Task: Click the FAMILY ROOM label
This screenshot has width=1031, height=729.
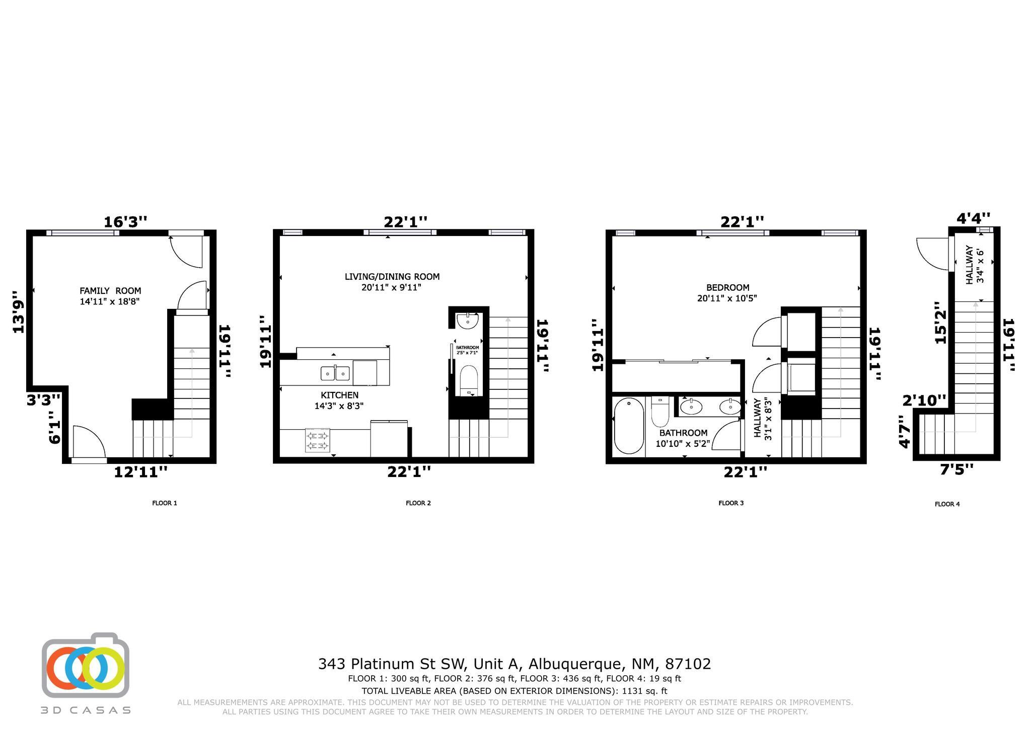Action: pos(110,291)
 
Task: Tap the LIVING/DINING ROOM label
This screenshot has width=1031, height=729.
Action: pos(392,277)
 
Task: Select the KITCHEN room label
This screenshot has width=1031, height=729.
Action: pos(339,395)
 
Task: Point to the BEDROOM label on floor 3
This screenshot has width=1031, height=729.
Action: pos(727,288)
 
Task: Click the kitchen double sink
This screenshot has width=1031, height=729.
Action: pos(335,373)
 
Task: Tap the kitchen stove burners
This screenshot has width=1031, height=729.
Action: pos(318,440)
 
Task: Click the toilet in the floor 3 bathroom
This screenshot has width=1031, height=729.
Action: pos(659,411)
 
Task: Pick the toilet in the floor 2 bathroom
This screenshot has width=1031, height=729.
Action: pos(469,381)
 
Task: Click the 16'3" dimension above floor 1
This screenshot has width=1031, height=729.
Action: pos(126,222)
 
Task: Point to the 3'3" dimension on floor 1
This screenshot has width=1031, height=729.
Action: pos(44,400)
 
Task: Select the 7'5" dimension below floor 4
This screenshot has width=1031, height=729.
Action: pos(956,469)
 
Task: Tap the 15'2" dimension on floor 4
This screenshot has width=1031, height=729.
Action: pos(940,322)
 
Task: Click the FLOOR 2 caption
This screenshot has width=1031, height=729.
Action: pos(418,503)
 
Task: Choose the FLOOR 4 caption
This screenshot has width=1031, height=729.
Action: pos(947,504)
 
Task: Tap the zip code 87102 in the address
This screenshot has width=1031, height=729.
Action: pos(688,664)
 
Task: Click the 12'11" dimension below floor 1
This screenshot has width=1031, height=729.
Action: pos(140,472)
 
